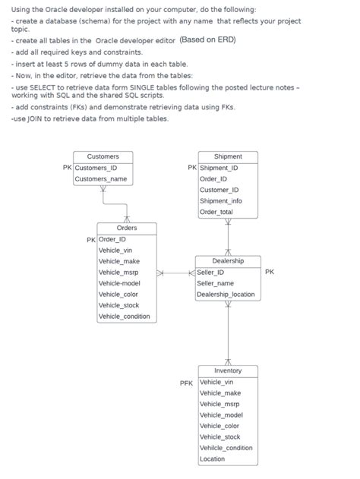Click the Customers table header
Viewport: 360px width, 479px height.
click(103, 156)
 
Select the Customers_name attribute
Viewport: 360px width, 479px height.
click(100, 179)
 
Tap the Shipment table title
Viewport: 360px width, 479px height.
click(228, 156)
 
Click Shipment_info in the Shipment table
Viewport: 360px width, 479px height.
click(220, 200)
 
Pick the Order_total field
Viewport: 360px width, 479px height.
click(216, 212)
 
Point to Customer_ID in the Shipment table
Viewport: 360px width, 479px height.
click(219, 190)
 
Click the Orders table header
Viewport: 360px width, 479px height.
click(127, 228)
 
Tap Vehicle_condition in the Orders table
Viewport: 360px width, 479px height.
click(125, 316)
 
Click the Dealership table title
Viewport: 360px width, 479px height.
click(228, 260)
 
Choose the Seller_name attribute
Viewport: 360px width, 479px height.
click(215, 283)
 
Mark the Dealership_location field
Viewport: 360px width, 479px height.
click(226, 295)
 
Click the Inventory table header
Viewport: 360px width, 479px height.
click(228, 370)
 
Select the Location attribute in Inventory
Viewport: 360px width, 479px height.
click(213, 459)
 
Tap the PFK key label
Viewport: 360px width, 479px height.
click(186, 383)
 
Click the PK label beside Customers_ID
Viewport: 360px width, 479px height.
click(67, 168)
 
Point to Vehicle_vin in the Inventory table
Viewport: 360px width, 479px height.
click(217, 382)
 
